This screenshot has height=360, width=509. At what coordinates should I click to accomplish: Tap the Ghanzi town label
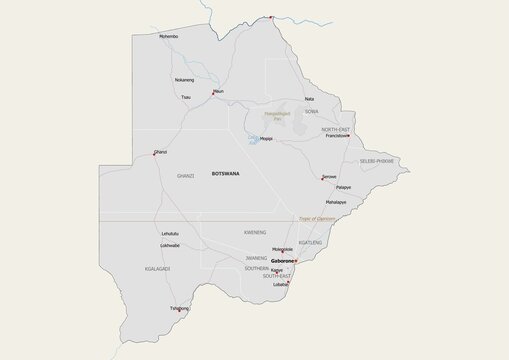tap(160, 151)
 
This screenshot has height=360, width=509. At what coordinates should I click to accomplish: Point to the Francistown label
tap(337, 136)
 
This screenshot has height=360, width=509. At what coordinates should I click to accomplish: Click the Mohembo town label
tap(169, 37)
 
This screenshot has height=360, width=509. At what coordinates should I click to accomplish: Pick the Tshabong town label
tap(180, 308)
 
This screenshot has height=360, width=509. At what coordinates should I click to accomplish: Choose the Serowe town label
tap(329, 176)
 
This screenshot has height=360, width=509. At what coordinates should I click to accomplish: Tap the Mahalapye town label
tap(335, 202)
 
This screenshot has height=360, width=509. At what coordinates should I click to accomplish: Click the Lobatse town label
tap(280, 284)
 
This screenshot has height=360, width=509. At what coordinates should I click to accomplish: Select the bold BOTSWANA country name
tap(226, 174)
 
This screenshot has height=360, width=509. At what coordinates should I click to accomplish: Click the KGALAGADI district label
tap(158, 269)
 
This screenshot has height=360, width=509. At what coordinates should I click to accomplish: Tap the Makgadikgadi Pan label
tap(278, 118)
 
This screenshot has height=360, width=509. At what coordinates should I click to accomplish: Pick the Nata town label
tap(309, 99)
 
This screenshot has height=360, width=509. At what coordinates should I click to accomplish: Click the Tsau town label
tap(185, 97)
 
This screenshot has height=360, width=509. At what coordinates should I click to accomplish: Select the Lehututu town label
tap(170, 234)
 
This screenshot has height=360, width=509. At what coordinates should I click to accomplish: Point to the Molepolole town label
tap(283, 249)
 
